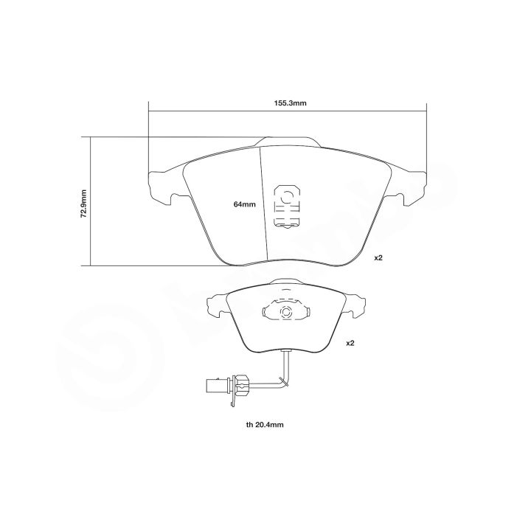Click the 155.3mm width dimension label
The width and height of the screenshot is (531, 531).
288,103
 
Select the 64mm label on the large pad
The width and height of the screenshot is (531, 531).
244,204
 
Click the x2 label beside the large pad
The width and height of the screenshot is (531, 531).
379,258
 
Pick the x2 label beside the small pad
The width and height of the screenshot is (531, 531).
351,343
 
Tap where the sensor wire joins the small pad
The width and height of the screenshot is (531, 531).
285,352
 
